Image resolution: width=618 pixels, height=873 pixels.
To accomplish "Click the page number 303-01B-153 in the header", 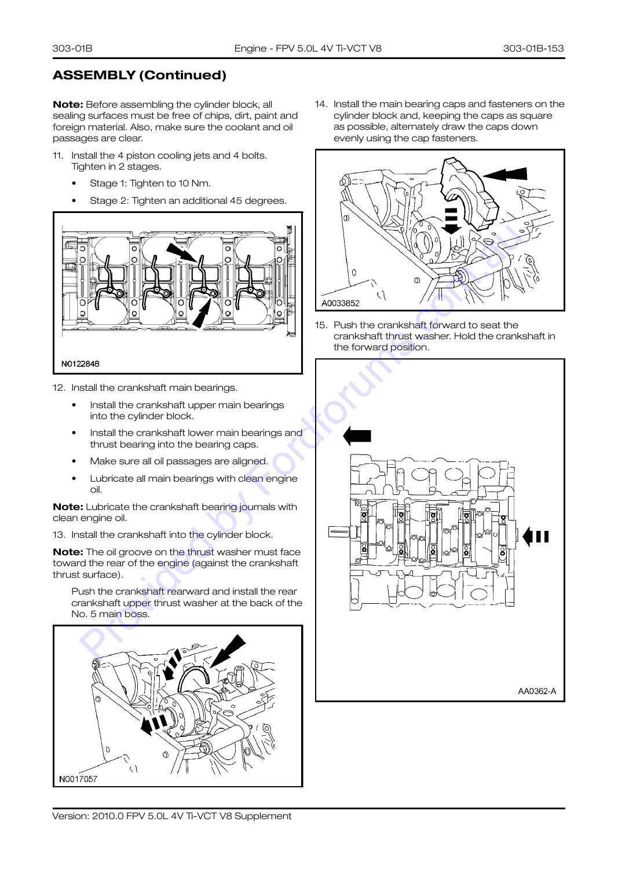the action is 533,48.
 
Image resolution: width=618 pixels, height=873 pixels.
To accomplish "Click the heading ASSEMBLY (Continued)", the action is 140,75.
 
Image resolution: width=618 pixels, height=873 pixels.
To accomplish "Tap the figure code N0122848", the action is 81,364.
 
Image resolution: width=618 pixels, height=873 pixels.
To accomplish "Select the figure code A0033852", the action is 341,303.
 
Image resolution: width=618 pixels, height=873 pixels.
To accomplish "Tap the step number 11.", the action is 58,156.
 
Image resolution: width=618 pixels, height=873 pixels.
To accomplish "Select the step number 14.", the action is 320,104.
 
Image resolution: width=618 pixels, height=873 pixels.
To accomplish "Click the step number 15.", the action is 320,325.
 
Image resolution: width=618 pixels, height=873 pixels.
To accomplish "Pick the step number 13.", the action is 58,535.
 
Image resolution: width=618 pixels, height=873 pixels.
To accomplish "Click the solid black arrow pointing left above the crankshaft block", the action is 357,435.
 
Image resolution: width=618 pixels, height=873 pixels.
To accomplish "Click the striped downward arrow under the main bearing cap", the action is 451,221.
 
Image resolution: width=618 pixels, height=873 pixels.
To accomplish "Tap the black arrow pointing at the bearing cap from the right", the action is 505,174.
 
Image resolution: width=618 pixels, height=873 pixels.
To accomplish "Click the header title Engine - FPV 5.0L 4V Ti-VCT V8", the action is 308,48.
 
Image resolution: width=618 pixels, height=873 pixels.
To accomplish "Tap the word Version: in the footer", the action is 71,816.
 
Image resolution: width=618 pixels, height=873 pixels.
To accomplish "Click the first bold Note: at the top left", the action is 68,104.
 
